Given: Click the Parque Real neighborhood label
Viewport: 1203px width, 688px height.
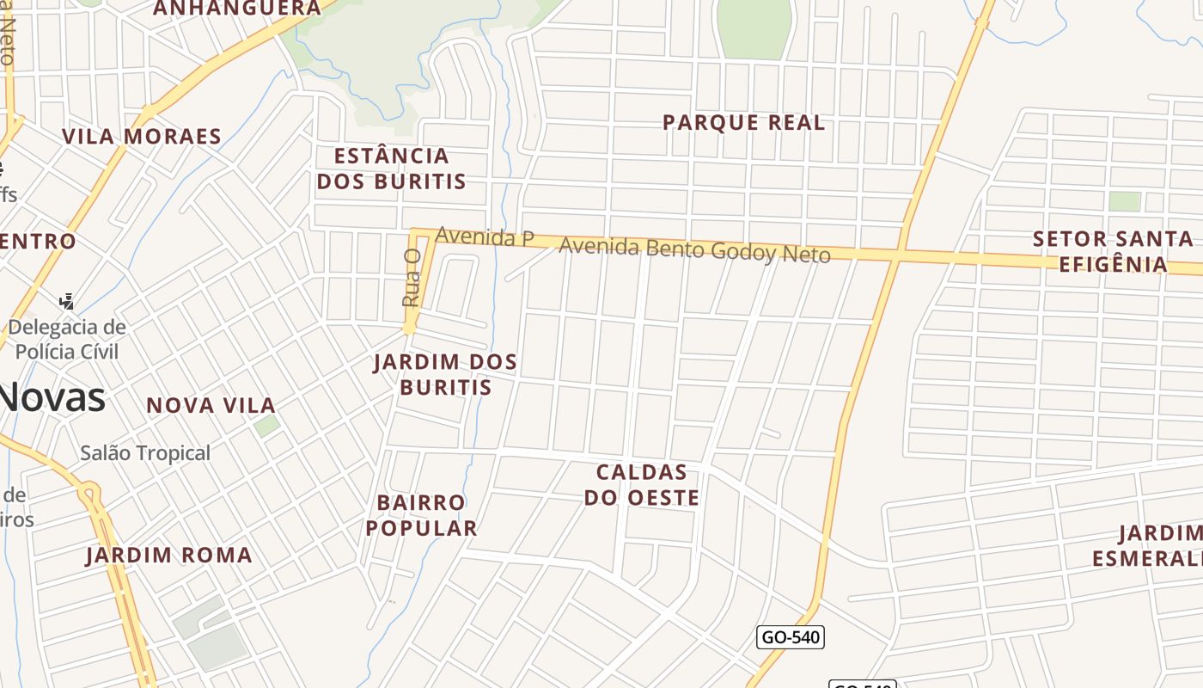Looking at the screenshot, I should pyautogui.click(x=743, y=123).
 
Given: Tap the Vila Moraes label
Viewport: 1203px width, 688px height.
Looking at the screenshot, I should pyautogui.click(x=142, y=137).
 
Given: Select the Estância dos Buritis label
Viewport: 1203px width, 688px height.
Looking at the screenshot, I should pyautogui.click(x=392, y=169).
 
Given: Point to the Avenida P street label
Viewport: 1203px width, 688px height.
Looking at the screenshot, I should pyautogui.click(x=485, y=236).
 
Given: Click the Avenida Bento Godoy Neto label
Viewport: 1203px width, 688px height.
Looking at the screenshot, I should pyautogui.click(x=694, y=250).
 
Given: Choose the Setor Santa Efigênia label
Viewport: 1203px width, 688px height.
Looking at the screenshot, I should pyautogui.click(x=1113, y=251).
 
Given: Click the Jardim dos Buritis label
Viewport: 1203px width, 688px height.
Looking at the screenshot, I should pyautogui.click(x=445, y=374).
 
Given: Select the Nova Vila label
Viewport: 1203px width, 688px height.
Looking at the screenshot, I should pyautogui.click(x=211, y=405).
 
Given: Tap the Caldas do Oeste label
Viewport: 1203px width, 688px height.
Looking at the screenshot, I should pyautogui.click(x=641, y=485).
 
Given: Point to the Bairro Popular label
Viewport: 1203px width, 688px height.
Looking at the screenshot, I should pyautogui.click(x=421, y=515).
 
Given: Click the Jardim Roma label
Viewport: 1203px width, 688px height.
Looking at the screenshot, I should pyautogui.click(x=169, y=556).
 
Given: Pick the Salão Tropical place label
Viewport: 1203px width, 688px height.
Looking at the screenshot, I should pyautogui.click(x=145, y=453).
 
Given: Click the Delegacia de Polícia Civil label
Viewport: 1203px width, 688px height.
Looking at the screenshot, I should pyautogui.click(x=67, y=339).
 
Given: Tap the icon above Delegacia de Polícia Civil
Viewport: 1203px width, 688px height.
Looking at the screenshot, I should pyautogui.click(x=66, y=301).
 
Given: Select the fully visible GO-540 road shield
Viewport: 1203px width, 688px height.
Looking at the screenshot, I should pyautogui.click(x=790, y=637).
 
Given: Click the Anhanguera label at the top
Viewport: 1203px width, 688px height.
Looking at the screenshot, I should pyautogui.click(x=236, y=9).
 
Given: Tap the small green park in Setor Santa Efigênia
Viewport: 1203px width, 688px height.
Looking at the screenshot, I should pyautogui.click(x=1124, y=201).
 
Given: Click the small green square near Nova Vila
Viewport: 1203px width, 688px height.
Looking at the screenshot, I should pyautogui.click(x=266, y=425).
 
